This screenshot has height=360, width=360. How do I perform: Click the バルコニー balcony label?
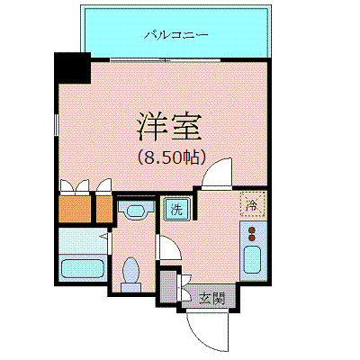pyautogui.click(x=176, y=35)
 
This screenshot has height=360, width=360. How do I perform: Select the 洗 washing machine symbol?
pyautogui.click(x=176, y=211)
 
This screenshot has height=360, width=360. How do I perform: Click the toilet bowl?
pyautogui.click(x=132, y=271)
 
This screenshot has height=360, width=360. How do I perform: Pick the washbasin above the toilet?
pyautogui.click(x=136, y=211)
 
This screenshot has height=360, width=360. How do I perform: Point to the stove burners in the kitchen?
pyautogui.click(x=253, y=237)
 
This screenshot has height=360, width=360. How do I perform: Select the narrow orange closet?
pyautogui.click(x=103, y=208)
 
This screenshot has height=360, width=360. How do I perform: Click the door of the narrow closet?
pyautogui.click(x=103, y=186)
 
